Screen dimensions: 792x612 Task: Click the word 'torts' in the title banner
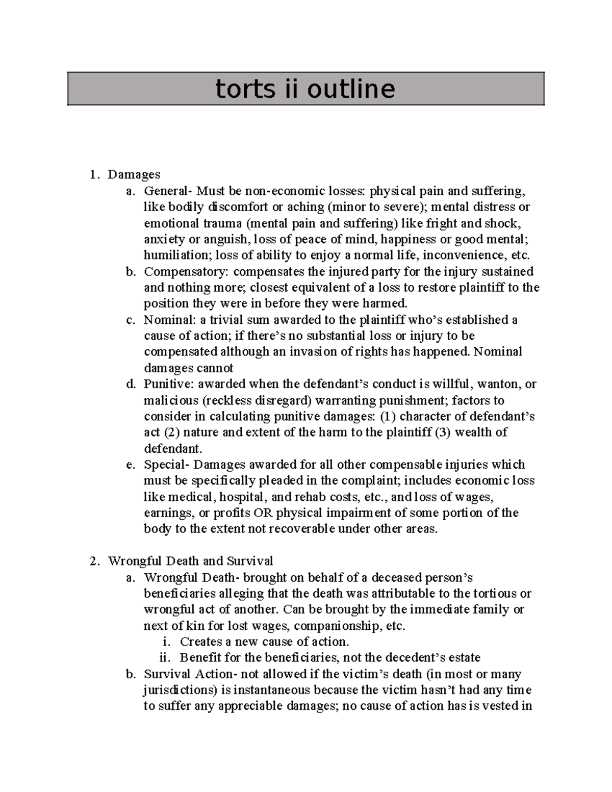[x=240, y=89]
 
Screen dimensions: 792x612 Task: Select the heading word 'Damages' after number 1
[x=134, y=174]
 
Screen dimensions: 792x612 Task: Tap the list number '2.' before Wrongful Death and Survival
[x=94, y=561]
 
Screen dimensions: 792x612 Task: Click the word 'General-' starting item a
[x=168, y=191]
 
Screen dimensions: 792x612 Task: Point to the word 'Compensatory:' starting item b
[x=186, y=271]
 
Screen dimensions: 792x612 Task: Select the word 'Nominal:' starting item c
[x=167, y=320]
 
